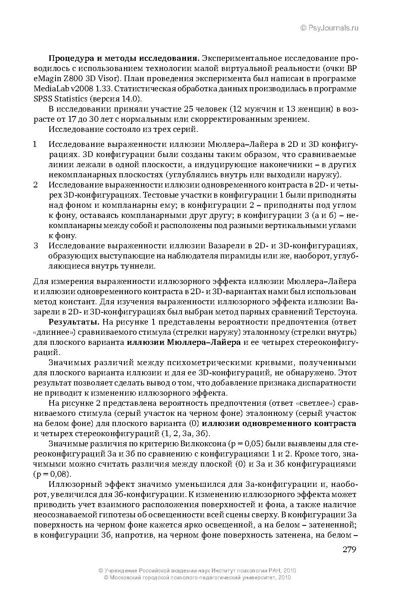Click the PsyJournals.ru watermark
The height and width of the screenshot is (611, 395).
[329, 28]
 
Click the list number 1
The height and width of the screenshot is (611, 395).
[35, 144]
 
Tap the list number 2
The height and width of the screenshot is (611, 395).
[36, 185]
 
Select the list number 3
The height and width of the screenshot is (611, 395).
[36, 246]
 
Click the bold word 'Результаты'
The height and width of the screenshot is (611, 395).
[74, 322]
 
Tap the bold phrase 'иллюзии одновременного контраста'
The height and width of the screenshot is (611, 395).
[279, 424]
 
